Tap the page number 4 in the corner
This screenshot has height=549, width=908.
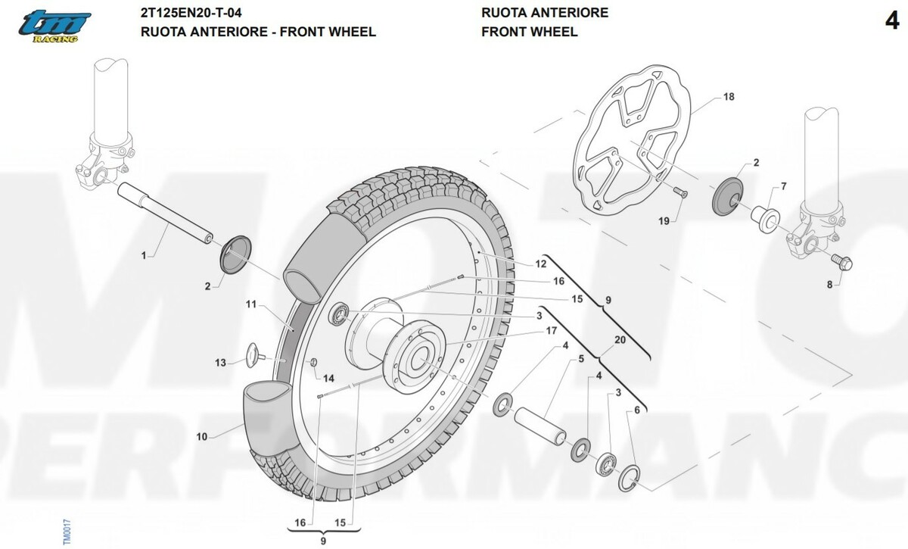(891, 21)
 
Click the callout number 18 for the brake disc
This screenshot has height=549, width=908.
(729, 97)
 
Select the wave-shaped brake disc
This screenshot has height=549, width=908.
(633, 140)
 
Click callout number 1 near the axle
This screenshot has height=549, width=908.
(144, 256)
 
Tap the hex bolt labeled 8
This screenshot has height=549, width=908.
(842, 262)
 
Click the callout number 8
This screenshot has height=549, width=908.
(829, 285)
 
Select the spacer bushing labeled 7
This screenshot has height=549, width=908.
(764, 215)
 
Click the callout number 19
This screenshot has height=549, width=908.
(664, 221)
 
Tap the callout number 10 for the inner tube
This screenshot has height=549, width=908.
(202, 436)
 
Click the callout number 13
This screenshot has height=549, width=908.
(220, 363)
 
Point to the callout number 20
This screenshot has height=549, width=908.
(620, 340)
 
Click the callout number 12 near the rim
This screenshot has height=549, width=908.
(540, 264)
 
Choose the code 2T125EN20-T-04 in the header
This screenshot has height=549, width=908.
(192, 13)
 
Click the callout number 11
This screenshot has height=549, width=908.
(252, 304)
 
